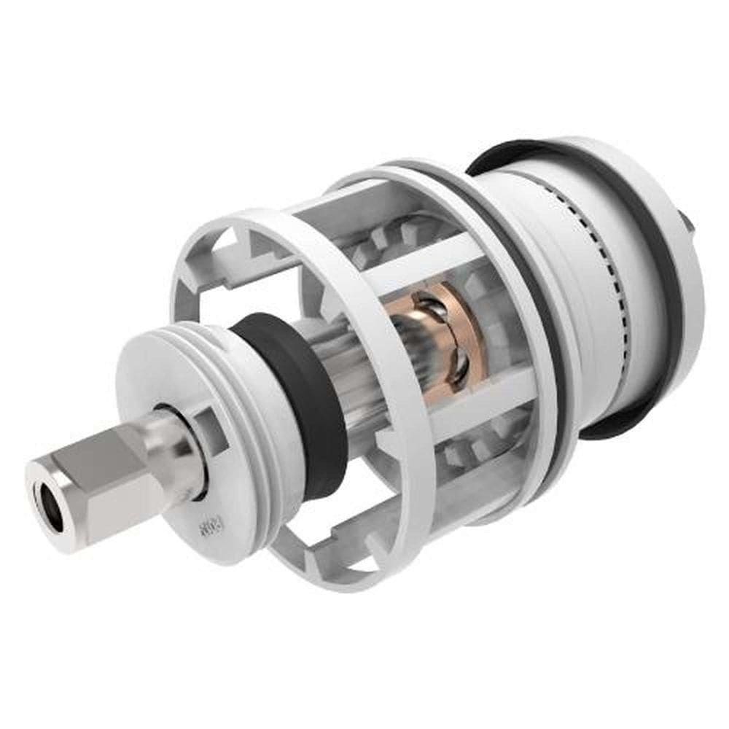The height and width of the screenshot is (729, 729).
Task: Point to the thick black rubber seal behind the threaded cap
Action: pos(299,408)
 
